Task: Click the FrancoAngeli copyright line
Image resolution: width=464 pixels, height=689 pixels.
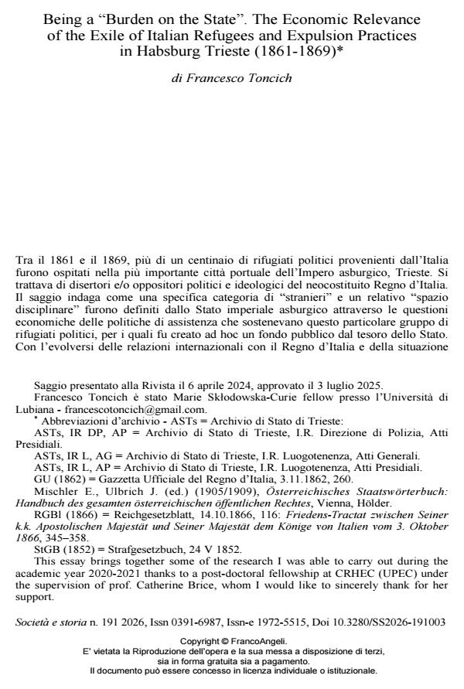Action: click(233, 641)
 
